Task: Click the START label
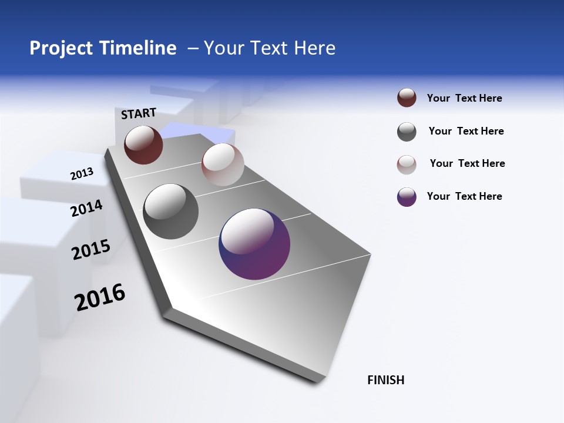click(x=139, y=113)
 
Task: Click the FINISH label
click(x=385, y=380)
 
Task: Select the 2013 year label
click(x=82, y=174)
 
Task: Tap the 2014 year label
click(x=86, y=209)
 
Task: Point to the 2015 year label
click(x=91, y=250)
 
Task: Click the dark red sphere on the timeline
click(x=143, y=145)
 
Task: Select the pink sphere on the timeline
click(x=223, y=164)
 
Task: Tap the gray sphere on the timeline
click(x=171, y=211)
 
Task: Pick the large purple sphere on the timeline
click(x=254, y=244)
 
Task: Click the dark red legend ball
click(x=407, y=98)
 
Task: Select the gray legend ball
click(x=407, y=132)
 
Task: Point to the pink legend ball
click(x=407, y=164)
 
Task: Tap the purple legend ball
click(x=407, y=197)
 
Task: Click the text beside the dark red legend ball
click(x=464, y=98)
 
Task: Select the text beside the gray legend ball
click(x=466, y=131)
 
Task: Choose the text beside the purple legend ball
click(x=464, y=196)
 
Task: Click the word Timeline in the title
click(x=141, y=48)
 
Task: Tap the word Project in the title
click(x=61, y=48)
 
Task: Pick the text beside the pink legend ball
click(x=467, y=163)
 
